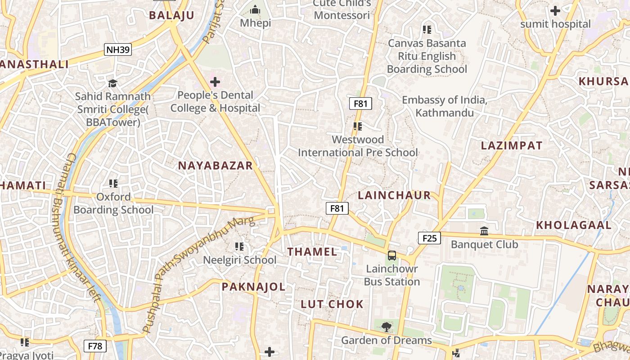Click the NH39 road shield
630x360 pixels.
point(118,49)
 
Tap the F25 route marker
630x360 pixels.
point(429,238)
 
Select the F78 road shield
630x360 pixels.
point(95,346)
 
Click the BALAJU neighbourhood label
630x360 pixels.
point(171,15)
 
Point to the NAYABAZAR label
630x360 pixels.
point(216,166)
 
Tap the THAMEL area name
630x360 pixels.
point(312,252)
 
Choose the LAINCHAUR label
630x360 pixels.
point(394,195)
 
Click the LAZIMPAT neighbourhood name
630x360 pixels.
point(512,145)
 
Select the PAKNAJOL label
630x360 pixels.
point(253,287)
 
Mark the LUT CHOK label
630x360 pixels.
point(332,304)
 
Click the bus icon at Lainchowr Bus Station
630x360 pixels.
point(392,256)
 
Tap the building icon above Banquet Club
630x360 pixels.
point(484,231)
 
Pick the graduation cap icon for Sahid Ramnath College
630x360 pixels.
point(112,83)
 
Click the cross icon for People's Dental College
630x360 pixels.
point(215,82)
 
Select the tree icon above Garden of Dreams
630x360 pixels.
point(386,327)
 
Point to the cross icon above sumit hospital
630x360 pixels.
point(555,10)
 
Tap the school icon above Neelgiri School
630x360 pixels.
point(239,247)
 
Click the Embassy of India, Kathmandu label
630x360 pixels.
point(444,106)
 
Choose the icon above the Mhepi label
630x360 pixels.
point(255,9)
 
